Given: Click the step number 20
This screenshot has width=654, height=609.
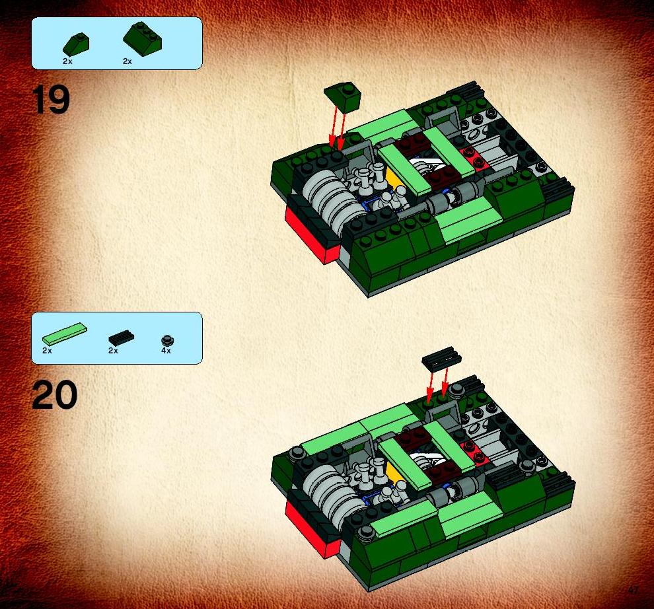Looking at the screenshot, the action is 54,394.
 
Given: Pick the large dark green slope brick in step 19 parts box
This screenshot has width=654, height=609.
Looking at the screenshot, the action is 142,39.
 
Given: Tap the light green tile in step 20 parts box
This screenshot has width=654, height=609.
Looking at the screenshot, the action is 65,334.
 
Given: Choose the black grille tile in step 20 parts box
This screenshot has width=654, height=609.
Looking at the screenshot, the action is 122,338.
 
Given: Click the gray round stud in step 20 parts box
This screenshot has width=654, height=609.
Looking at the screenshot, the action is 168,341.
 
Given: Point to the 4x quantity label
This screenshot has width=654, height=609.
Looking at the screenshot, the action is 166,351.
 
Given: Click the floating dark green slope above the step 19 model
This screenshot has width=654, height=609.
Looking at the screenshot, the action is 343,97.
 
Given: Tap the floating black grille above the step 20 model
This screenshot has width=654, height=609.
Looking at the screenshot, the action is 441,358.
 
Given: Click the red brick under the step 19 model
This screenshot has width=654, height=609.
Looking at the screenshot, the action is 313,236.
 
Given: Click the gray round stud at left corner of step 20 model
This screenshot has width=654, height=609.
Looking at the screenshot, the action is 297,452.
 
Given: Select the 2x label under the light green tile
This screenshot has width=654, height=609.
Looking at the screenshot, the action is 47,351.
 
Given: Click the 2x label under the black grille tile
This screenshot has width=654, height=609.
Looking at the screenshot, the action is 113,351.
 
